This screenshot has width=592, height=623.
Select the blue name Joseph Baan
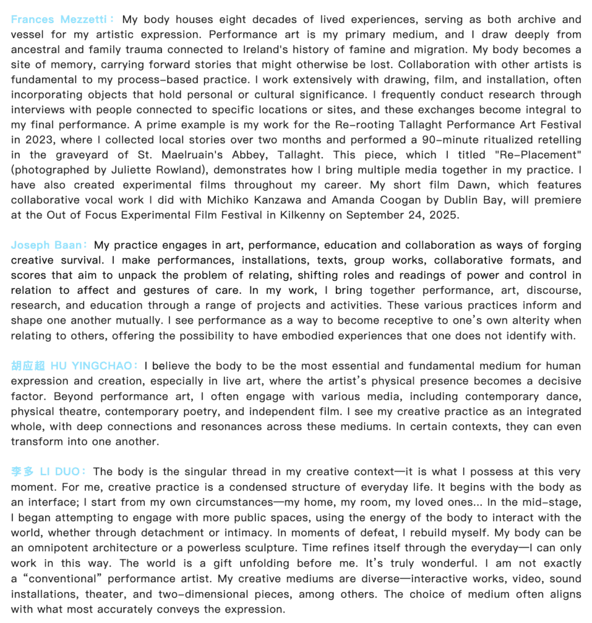pos(46,245)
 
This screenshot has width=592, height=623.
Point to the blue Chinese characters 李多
pos(23,472)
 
